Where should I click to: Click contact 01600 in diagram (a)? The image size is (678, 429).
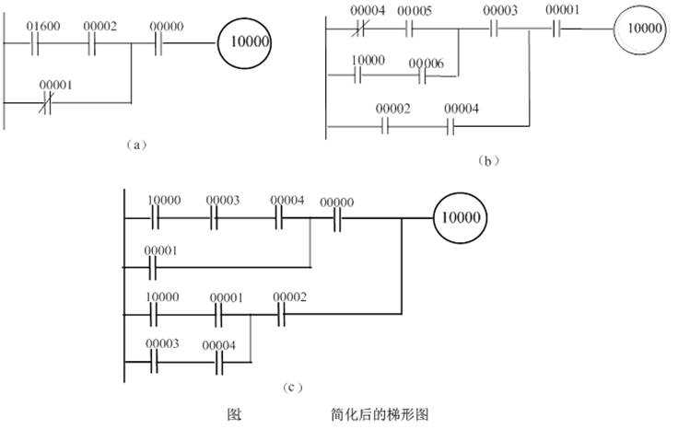(x=41, y=43)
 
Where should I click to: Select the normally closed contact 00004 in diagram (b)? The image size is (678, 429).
(x=367, y=29)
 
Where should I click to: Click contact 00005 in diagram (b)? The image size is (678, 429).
(x=411, y=29)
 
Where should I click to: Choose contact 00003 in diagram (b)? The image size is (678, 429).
(x=498, y=29)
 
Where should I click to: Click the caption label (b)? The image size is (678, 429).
(x=488, y=160)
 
